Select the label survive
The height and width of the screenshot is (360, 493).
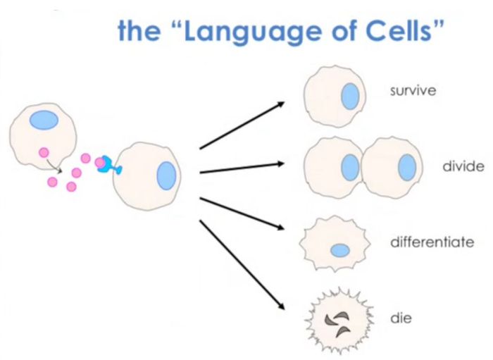click(413, 91)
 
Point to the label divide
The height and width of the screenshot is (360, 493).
click(463, 166)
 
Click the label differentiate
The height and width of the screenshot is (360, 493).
click(432, 242)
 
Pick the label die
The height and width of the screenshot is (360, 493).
click(401, 318)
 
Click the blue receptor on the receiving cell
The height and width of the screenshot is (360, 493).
click(110, 166)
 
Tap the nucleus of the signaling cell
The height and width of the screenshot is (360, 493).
click(44, 120)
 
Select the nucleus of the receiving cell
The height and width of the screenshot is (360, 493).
click(166, 175)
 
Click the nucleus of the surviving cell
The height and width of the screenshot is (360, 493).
click(350, 97)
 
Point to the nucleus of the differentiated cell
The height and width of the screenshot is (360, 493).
click(340, 251)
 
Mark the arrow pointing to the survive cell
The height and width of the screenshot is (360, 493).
click(242, 125)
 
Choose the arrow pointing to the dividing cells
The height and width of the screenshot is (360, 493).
click(242, 168)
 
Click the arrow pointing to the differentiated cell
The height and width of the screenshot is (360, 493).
click(242, 213)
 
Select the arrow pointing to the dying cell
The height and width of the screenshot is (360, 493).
click(242, 265)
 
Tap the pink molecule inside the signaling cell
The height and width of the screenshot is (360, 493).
click(44, 153)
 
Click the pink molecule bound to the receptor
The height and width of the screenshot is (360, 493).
click(100, 163)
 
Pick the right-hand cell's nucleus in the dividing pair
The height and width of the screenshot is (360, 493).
click(407, 167)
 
